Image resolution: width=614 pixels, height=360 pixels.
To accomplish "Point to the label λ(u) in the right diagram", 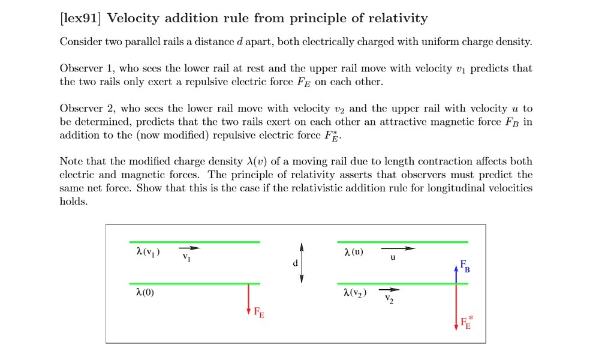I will click(353, 251).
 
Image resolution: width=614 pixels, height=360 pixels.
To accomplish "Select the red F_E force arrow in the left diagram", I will click(248, 298).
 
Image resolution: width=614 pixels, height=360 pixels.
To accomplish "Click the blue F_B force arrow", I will click(457, 272).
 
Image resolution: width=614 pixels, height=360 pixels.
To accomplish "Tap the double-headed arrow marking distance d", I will click(302, 263).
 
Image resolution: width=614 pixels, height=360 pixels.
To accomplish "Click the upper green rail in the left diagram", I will click(194, 242).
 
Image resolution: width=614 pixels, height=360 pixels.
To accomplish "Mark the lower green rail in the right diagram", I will click(402, 283).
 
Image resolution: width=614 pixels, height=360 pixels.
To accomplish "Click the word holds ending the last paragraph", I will click(74, 202).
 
